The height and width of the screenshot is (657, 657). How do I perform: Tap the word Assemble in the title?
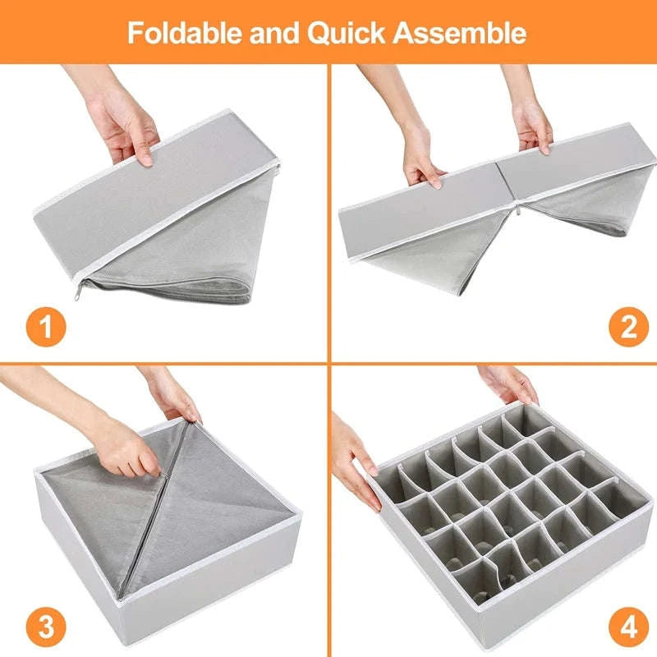click(x=461, y=33)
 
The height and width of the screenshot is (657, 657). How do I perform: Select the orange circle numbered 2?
click(x=628, y=328)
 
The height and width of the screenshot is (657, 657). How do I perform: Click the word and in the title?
click(x=258, y=33)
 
